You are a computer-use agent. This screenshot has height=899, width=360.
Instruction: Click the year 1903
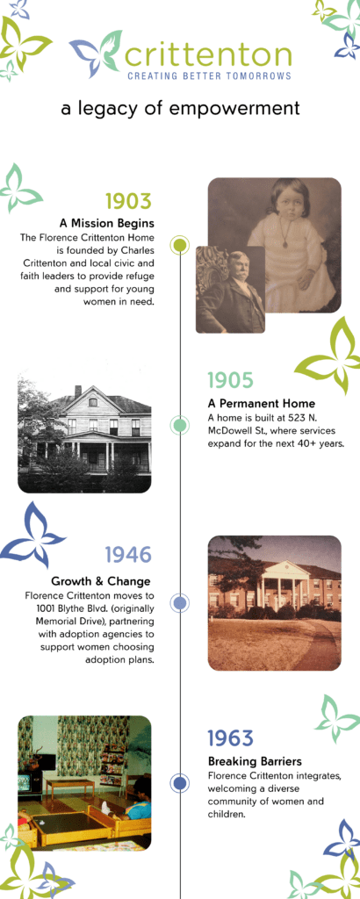[128, 201]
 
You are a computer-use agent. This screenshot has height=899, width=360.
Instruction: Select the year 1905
[230, 379]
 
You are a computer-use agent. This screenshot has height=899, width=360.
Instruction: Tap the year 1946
[128, 555]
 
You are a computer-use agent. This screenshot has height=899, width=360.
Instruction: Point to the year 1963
[230, 737]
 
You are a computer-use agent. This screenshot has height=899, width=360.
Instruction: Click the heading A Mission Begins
[107, 222]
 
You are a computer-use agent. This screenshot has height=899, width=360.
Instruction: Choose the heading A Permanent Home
[262, 403]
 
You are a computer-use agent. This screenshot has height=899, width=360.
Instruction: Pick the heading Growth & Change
[101, 581]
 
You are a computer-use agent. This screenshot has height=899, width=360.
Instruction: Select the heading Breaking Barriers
[255, 761]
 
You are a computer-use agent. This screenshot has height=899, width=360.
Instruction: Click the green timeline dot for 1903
[180, 245]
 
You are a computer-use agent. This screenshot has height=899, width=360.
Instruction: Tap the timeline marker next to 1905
[180, 425]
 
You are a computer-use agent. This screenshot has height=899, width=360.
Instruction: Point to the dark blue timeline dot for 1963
[180, 783]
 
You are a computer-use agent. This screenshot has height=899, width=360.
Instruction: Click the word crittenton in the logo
[208, 55]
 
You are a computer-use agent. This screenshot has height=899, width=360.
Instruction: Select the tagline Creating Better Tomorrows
[209, 76]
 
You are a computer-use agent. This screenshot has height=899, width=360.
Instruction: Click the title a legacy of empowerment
[180, 108]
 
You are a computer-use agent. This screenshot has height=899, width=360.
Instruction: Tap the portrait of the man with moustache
[230, 290]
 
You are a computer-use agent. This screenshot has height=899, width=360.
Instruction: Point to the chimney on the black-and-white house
[78, 391]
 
